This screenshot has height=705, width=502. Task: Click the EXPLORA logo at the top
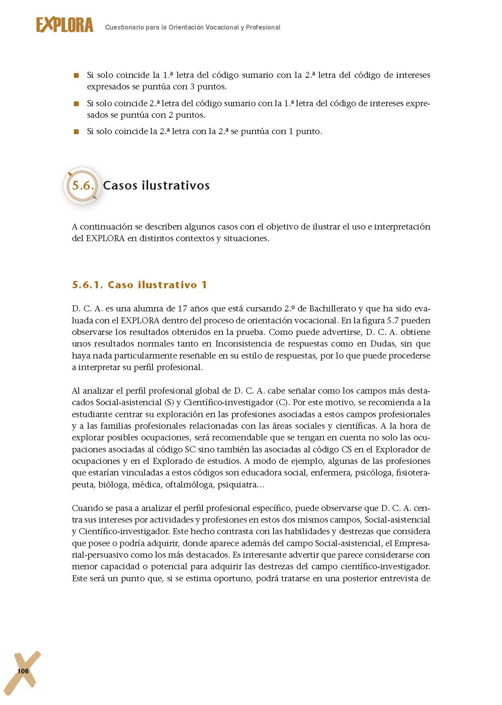[65, 25]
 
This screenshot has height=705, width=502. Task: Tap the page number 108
[23, 671]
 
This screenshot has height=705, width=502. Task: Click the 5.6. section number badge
[83, 186]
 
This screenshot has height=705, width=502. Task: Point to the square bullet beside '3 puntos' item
[76, 75]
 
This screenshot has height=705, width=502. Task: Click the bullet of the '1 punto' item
[76, 132]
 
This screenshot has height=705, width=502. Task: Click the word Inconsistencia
[244, 344]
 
